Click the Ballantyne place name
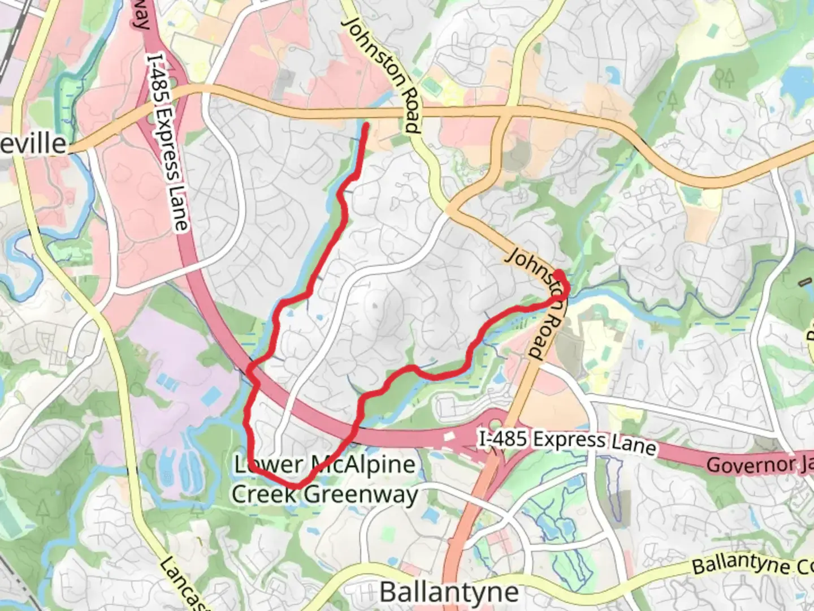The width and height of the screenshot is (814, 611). pos(449,592)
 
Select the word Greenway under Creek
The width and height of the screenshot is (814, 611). pos(361,494)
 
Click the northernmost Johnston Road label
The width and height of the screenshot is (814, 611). pos(383,74)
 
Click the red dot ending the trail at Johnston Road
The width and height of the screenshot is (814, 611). pos(558,275)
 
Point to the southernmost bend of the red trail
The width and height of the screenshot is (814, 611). pos(296,485)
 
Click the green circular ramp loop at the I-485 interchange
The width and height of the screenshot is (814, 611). pos(495,424)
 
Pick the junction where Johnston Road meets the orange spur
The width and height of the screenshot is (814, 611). pos(449,211)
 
